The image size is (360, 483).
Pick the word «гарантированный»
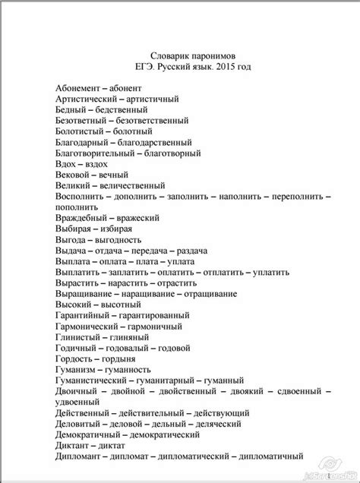(x=150, y=313)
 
